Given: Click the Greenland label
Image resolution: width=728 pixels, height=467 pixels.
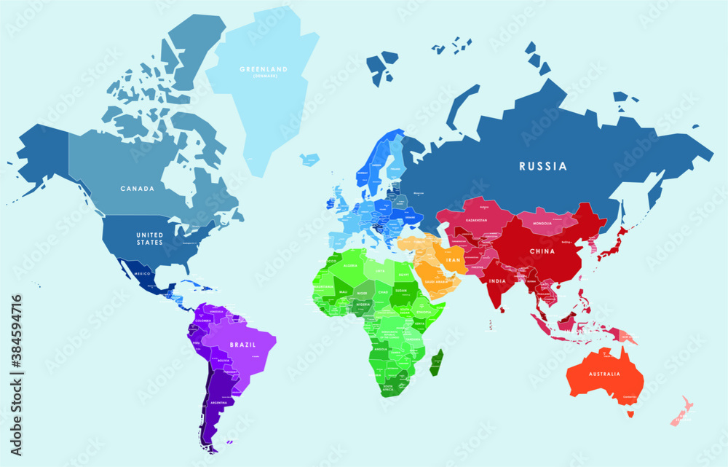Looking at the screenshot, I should click(264, 70).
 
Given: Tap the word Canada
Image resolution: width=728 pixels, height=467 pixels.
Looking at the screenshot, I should click(138, 189).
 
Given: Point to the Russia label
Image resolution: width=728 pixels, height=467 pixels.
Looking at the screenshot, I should click(542, 166).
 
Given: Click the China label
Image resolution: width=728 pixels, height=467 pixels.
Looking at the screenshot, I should click(542, 251).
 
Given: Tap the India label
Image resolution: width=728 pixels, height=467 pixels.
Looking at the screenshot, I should click(497, 280).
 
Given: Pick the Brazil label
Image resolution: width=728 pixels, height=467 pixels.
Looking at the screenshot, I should click(242, 344).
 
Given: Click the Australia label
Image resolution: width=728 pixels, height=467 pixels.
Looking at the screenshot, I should click(604, 374).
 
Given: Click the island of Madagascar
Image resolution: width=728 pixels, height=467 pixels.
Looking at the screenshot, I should click(436, 362).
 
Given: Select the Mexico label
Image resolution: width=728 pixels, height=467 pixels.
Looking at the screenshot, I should click(141, 272).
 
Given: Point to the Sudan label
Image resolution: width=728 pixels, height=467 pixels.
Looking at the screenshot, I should click(401, 289).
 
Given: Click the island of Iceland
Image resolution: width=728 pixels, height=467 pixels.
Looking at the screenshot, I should click(311, 158).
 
